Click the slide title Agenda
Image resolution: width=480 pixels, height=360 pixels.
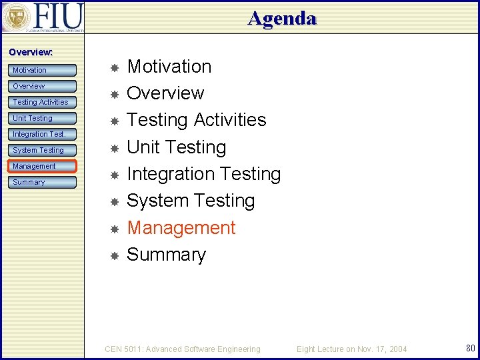(282, 18)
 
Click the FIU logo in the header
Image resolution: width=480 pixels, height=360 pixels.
(43, 17)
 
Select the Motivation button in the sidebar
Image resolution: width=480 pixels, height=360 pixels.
(43, 70)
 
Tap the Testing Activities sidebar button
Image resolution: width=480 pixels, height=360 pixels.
(43, 102)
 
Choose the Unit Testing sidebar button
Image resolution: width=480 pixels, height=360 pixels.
(43, 118)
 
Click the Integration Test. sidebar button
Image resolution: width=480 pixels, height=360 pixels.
(43, 134)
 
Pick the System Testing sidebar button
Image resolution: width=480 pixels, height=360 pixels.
(43, 150)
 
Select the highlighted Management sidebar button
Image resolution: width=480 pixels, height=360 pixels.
(43, 166)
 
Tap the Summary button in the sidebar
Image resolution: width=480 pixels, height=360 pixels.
(43, 182)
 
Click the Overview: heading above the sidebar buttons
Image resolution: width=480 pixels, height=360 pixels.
(31, 52)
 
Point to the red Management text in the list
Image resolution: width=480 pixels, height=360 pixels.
(181, 228)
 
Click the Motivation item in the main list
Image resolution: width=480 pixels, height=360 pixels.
(169, 67)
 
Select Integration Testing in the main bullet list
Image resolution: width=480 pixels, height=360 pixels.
(203, 174)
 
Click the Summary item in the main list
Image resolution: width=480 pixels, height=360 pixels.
(167, 255)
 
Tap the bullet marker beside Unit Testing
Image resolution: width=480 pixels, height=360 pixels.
(114, 148)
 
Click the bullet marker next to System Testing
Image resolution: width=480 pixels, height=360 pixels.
(114, 201)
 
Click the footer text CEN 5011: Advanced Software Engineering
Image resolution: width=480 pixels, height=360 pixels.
(183, 349)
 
